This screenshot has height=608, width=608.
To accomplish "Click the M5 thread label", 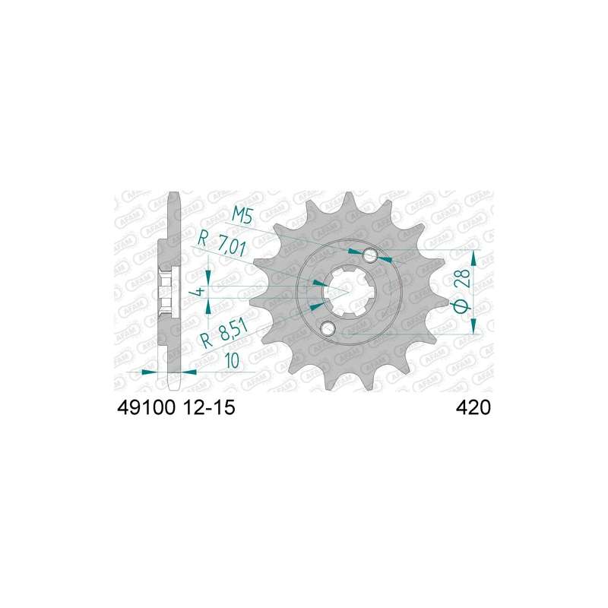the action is tap(242, 215).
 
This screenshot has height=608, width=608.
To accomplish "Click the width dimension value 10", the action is tap(231, 361).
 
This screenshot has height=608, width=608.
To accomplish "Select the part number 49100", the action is tap(146, 408).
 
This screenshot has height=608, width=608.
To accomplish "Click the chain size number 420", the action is tap(473, 408).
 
